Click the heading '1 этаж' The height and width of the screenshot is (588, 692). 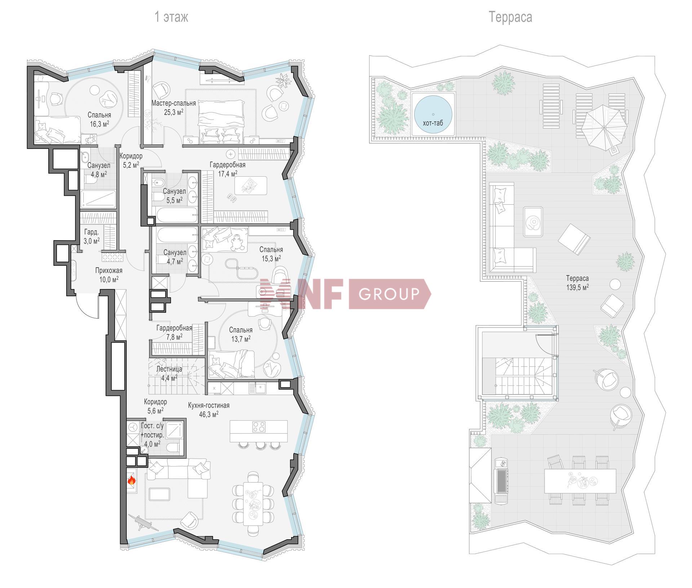(x=171, y=17)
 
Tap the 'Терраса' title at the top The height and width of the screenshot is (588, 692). (x=510, y=17)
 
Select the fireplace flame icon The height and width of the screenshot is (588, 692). (x=132, y=480)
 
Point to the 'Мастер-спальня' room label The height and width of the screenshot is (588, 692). (x=174, y=103)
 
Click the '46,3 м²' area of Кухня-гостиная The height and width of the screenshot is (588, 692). (x=209, y=414)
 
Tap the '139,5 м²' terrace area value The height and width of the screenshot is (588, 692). (x=577, y=287)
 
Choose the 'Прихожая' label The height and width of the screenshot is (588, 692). (x=109, y=270)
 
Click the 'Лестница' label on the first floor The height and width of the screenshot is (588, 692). (x=169, y=369)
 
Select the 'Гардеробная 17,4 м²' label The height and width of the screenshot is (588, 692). (x=227, y=169)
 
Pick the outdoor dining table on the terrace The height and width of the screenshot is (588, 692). (x=580, y=481)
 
